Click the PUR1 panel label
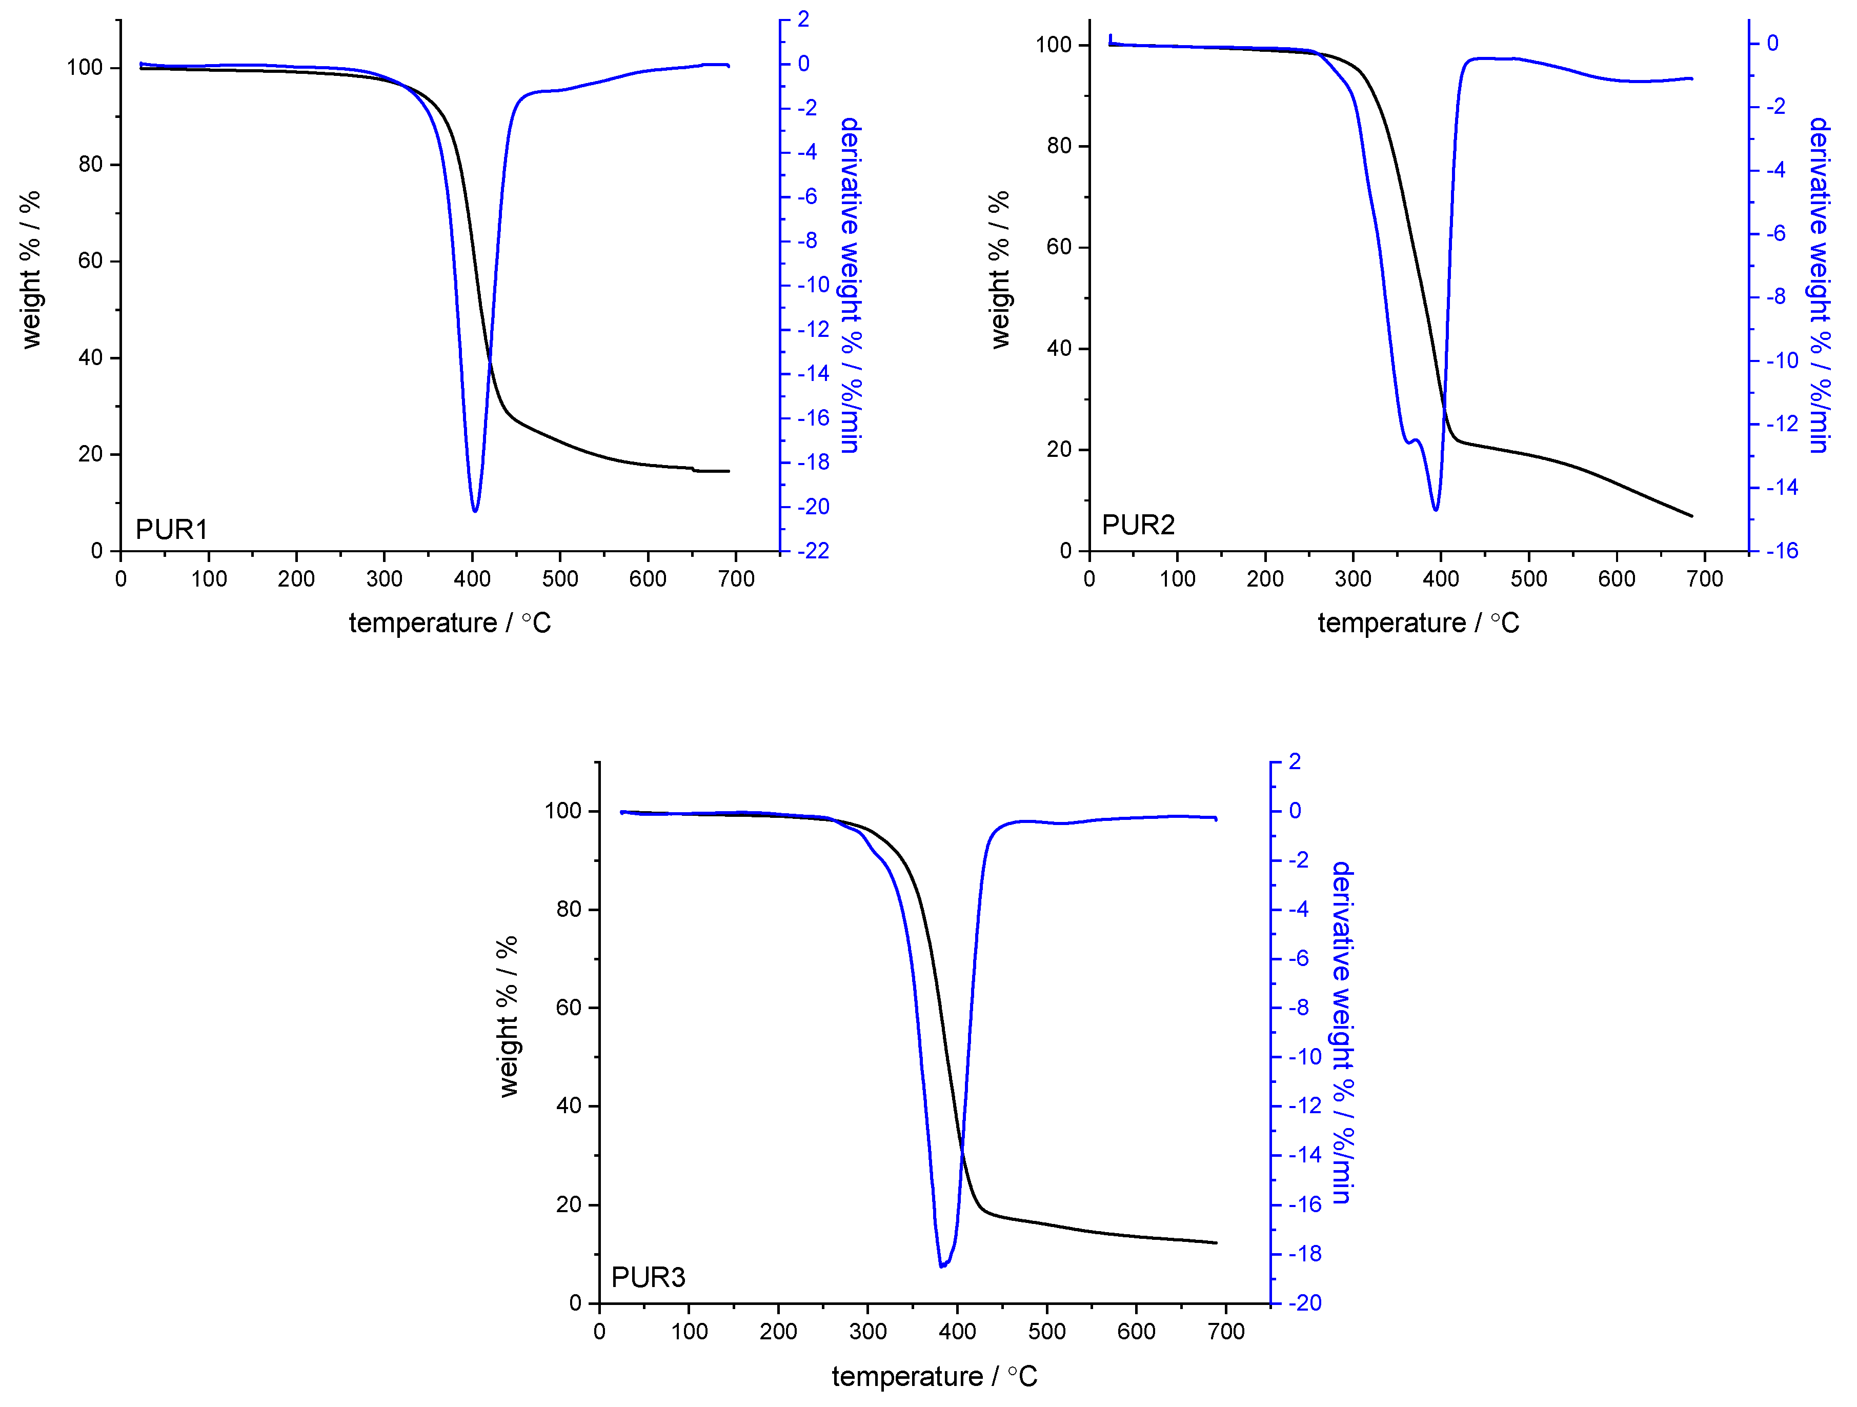click(x=171, y=530)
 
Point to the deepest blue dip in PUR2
click(x=1436, y=510)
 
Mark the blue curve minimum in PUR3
click(x=941, y=1266)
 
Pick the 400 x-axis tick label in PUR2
click(x=1441, y=579)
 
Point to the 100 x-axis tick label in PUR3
click(x=689, y=1332)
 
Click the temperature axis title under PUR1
click(x=450, y=623)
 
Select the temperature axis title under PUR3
click(x=934, y=1377)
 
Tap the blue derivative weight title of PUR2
click(x=1819, y=286)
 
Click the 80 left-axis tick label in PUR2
click(x=1059, y=146)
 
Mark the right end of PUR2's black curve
click(x=1691, y=516)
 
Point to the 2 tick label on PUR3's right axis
click(x=1295, y=761)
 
